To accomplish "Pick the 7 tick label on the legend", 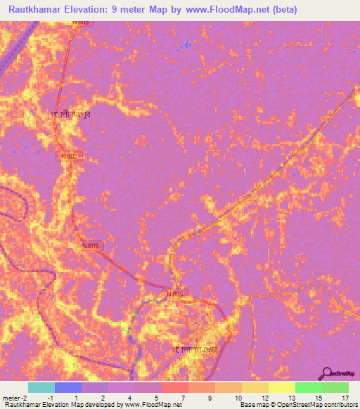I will tap(183, 398).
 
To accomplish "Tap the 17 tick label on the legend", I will tap(344, 398).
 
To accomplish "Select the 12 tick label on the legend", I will tap(264, 398).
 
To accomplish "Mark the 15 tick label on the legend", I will tap(316, 398).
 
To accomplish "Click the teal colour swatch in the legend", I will tap(41, 387).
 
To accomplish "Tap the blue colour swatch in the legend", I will tap(68, 387).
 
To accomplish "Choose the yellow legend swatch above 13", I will tap(282, 387).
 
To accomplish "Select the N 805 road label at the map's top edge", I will tap(80, 22).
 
